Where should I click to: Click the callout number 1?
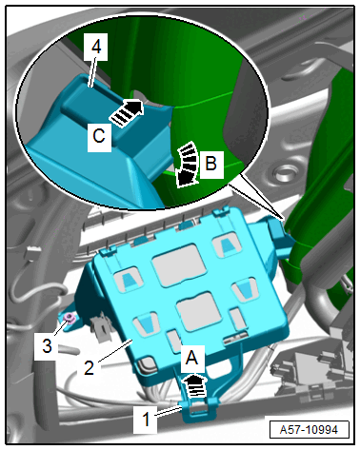tap(146, 420)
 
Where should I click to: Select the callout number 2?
tap(89, 368)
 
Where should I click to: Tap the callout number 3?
tap(47, 345)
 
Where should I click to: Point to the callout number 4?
tap(96, 48)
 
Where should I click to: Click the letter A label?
tap(192, 358)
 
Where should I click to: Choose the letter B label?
tap(210, 164)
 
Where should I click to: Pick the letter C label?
tap(99, 137)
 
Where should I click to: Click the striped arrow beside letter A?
tap(194, 385)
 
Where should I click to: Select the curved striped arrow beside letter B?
tap(189, 164)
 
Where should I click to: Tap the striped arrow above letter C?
tap(127, 112)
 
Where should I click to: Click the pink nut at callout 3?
tap(69, 319)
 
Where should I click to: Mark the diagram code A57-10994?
tap(309, 430)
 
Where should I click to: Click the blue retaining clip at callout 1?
tap(198, 409)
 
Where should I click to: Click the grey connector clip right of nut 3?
tap(101, 326)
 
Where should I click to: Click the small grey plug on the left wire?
tap(31, 253)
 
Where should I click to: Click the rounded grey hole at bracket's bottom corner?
tap(147, 362)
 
